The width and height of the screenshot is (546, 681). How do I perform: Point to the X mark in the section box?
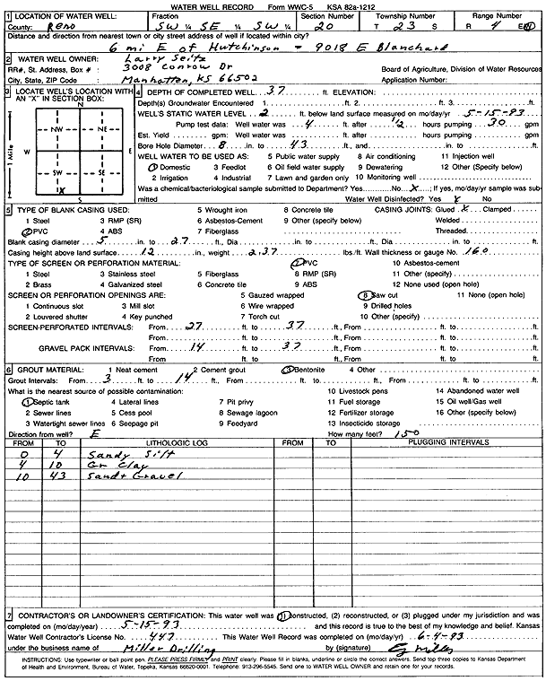pos(62,189)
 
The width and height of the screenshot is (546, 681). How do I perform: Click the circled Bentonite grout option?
pos(309,368)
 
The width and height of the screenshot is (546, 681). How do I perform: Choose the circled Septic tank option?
pos(33,403)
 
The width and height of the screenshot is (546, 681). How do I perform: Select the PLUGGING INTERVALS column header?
pos(434,443)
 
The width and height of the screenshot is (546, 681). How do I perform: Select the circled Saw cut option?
pos(385,294)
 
